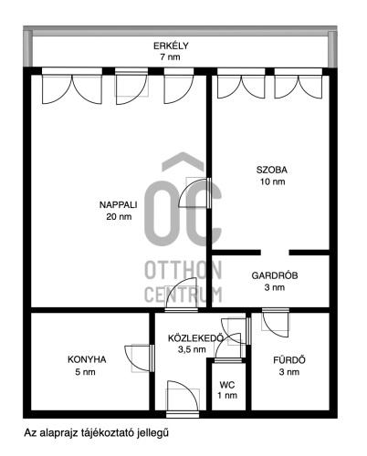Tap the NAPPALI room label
[x=118, y=204]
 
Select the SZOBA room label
[x=272, y=170]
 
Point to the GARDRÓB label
[x=275, y=275]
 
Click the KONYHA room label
[x=87, y=359]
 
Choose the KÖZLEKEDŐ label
[x=196, y=337]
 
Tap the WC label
[x=227, y=385]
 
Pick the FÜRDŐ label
[x=289, y=360]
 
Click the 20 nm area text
[x=119, y=216]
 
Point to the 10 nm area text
[x=272, y=181]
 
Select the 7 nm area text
[x=170, y=57]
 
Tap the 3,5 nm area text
[x=192, y=349]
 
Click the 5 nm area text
[x=85, y=372]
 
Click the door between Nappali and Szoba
[x=194, y=192]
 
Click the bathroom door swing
[x=276, y=322]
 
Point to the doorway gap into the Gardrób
[x=275, y=253]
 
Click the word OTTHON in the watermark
[x=183, y=270]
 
